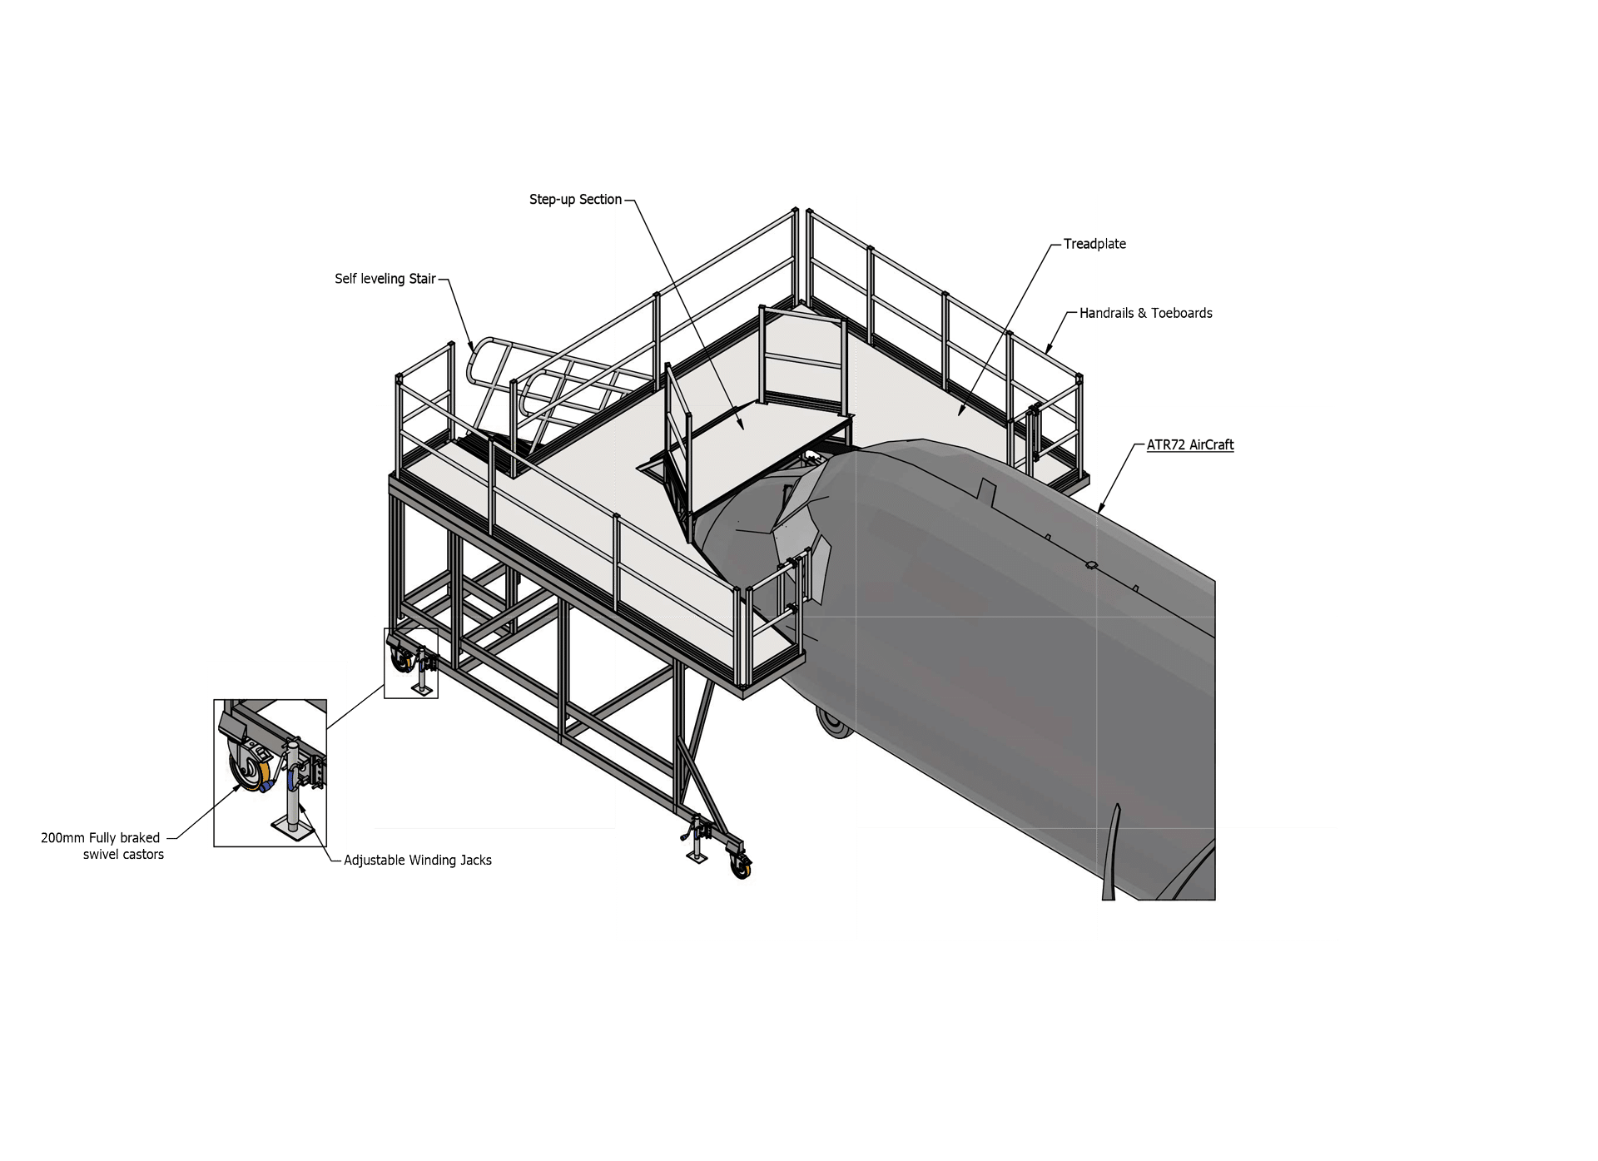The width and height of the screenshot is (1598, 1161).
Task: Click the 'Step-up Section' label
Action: [x=576, y=200]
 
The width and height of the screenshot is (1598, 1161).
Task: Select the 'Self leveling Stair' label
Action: [x=385, y=279]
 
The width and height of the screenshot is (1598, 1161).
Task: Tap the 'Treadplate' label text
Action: [x=1094, y=244]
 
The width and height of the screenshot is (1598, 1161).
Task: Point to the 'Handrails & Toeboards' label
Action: [x=1146, y=313]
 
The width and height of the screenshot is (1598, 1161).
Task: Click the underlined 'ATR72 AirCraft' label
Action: [x=1190, y=444]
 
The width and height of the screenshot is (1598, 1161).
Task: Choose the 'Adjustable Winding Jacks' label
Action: [x=418, y=861]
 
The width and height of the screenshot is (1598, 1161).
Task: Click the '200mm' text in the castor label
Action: [x=63, y=838]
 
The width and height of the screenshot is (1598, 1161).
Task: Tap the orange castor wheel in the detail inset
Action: [x=247, y=773]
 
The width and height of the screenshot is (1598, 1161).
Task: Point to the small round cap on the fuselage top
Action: [x=1091, y=566]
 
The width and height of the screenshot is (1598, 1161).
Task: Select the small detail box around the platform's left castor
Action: [x=411, y=663]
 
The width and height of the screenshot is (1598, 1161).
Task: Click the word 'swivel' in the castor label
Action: [x=100, y=855]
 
